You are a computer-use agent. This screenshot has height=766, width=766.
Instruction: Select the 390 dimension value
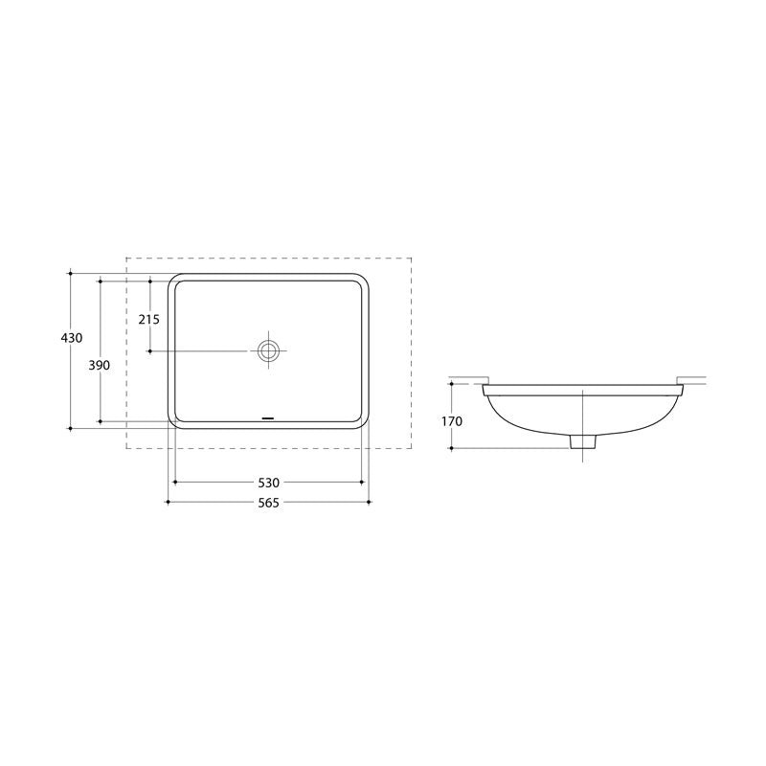[100, 365]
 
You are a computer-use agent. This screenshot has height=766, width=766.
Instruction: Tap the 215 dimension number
[148, 319]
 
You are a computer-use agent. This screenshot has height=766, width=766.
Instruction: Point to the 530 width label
[267, 484]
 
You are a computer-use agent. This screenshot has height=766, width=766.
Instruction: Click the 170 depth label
[452, 421]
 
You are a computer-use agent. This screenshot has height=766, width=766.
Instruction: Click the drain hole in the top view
[268, 350]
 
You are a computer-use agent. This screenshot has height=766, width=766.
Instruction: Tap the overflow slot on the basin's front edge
[268, 418]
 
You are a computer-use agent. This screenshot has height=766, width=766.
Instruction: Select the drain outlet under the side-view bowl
[582, 441]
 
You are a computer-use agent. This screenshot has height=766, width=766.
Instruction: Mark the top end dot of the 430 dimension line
[70, 273]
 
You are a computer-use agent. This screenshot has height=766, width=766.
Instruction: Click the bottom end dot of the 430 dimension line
[70, 428]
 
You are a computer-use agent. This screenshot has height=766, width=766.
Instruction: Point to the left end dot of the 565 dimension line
[168, 502]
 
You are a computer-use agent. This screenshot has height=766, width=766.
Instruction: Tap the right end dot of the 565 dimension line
[370, 502]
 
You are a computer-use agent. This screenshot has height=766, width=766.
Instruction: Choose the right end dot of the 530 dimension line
[362, 483]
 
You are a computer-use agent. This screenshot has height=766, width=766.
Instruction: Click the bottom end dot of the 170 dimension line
[452, 448]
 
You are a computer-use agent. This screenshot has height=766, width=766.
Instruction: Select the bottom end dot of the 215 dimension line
[149, 351]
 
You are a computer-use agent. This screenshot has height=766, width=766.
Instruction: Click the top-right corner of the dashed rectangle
[412, 258]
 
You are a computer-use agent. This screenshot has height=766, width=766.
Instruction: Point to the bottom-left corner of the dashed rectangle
[126, 448]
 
